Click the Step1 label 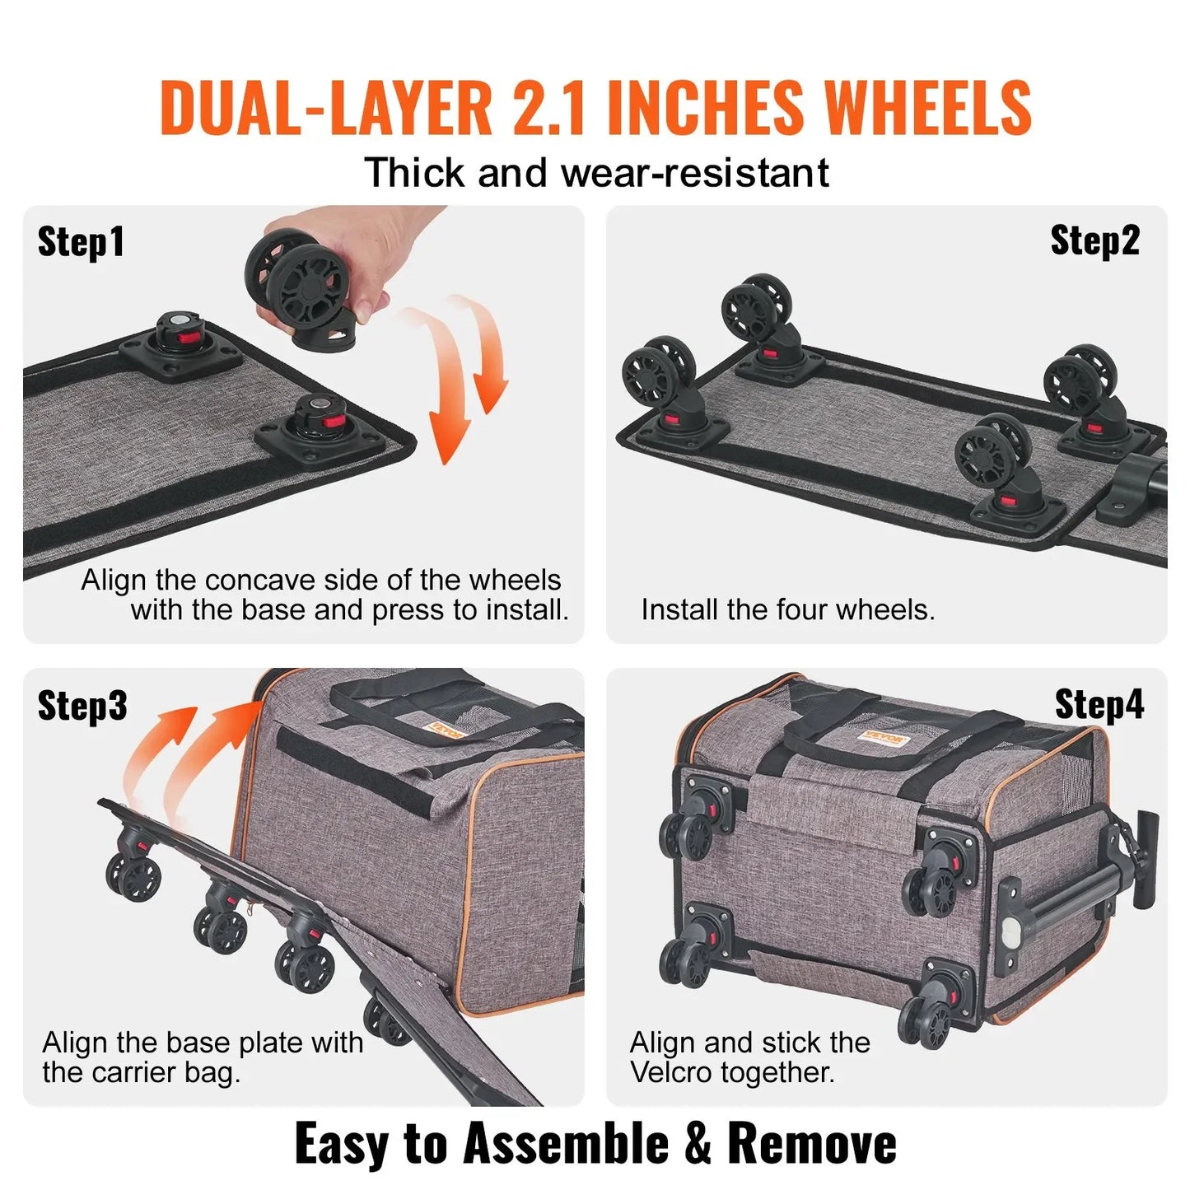81,242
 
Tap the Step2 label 1094,240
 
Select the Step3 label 82,706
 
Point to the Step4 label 1099,705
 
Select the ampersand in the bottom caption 698,1144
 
